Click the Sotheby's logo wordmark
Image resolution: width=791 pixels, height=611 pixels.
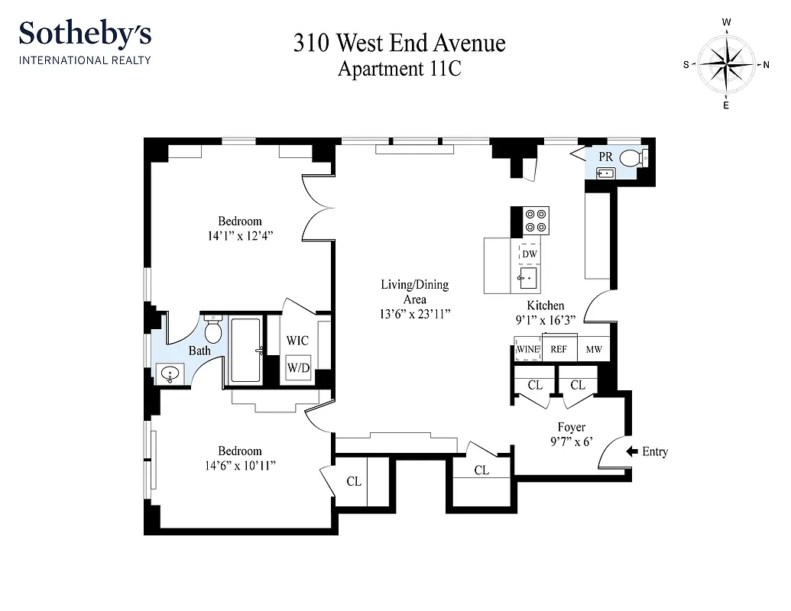[x=85, y=34]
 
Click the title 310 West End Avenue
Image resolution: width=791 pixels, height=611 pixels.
[x=399, y=43]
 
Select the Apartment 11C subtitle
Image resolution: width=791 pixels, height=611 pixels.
[x=399, y=69]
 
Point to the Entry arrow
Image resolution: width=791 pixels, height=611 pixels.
[x=632, y=451]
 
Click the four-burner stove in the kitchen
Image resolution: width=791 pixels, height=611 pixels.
[x=536, y=221]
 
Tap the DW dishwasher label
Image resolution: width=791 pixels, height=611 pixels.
[x=530, y=254]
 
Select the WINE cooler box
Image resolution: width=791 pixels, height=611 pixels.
[x=527, y=349]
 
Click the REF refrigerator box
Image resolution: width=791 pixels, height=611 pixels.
[x=559, y=349]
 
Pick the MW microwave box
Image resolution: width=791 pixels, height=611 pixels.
[x=593, y=349]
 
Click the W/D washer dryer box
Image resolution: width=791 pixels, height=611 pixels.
[x=298, y=368]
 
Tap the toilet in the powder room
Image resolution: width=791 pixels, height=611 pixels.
[x=631, y=158]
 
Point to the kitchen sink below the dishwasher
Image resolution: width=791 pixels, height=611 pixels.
[x=529, y=276]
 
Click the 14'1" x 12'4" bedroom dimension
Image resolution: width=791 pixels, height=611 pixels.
[x=239, y=236]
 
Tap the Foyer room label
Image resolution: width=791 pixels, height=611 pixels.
[x=570, y=427]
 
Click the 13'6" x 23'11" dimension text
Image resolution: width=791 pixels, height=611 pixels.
[x=414, y=313]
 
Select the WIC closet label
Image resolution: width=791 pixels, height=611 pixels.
[x=297, y=340]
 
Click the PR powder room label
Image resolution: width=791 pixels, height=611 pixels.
[x=605, y=157]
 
